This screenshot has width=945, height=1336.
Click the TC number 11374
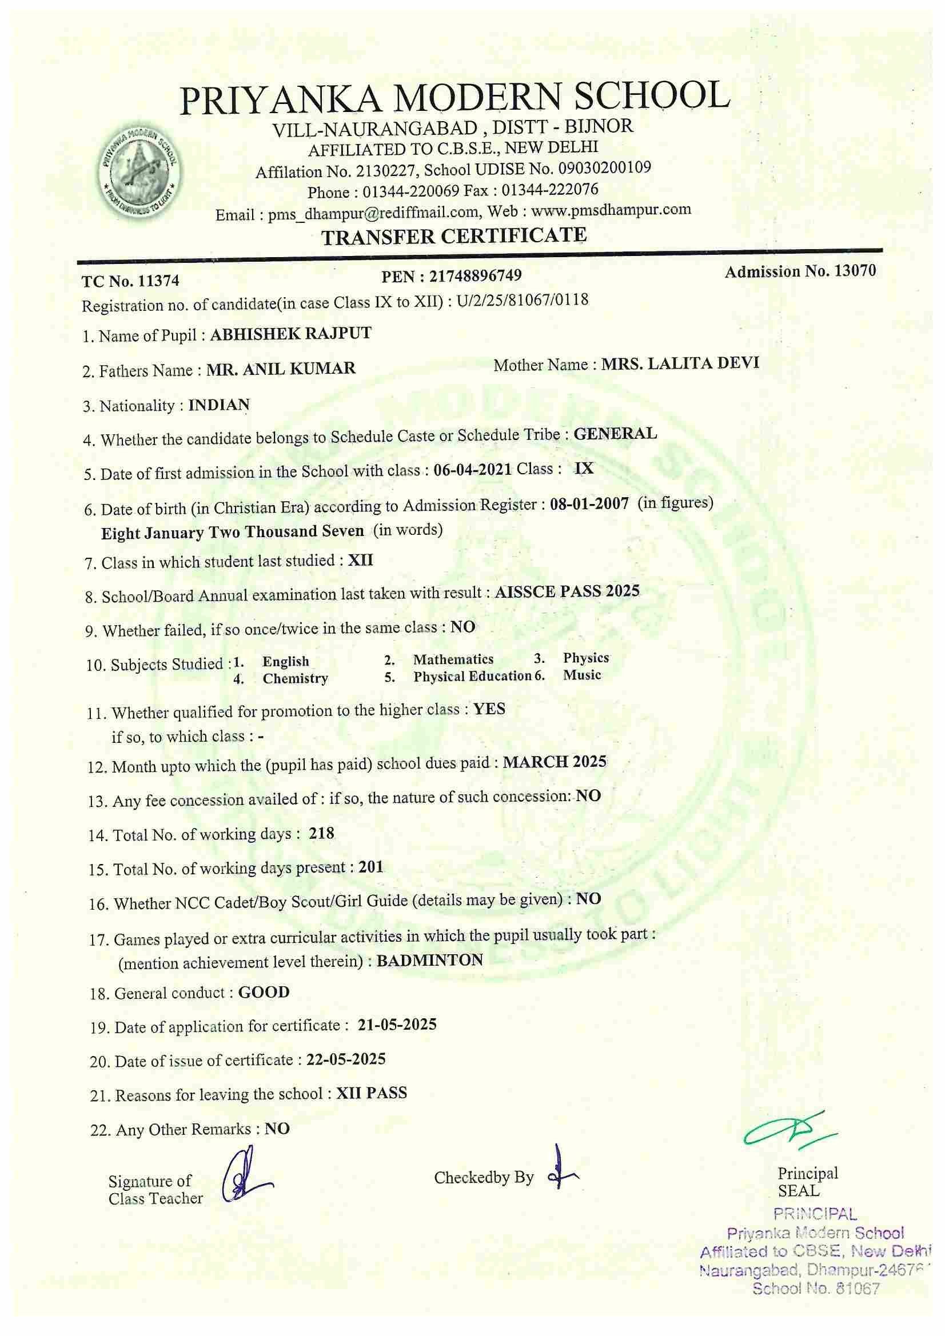158,281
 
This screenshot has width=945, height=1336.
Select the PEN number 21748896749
475,275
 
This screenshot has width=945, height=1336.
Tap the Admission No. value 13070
855,271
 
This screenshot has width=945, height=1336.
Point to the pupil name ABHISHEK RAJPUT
290,334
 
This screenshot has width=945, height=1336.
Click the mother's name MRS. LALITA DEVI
680,363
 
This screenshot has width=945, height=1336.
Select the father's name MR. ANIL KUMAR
281,369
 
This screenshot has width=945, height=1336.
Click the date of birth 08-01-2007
589,504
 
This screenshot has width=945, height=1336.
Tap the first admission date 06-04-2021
472,470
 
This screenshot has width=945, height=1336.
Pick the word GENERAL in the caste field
615,434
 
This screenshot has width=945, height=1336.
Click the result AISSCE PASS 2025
567,592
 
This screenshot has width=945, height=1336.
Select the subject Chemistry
295,678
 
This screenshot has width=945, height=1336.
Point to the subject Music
581,675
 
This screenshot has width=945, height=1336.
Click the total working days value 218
321,833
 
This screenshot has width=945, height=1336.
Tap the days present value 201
371,867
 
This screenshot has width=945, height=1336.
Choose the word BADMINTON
430,960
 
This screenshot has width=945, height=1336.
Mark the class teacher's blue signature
244,1175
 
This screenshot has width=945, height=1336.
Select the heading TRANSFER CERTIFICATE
454,236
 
